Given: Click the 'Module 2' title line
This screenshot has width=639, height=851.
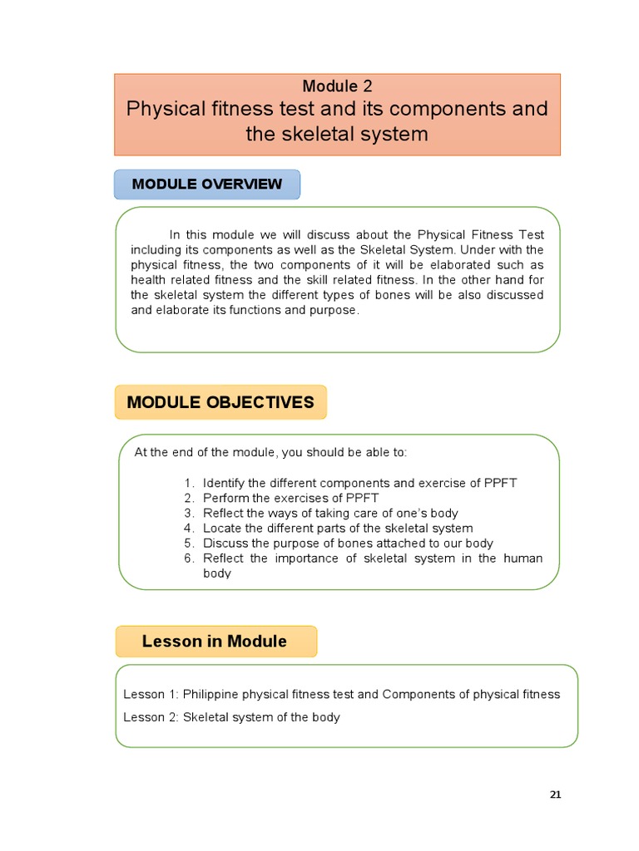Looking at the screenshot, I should (337, 86).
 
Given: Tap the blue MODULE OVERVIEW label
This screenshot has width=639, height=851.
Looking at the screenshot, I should (206, 184).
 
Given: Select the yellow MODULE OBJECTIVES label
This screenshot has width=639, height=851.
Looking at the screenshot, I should (220, 402).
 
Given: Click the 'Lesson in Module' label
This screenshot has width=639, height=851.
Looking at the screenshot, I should (215, 641).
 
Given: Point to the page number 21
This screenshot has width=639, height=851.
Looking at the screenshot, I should (556, 794).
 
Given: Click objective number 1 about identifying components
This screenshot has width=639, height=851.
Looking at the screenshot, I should (359, 483).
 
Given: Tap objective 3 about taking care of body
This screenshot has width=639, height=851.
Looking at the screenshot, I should (330, 513).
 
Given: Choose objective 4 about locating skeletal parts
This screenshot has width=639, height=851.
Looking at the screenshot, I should (338, 528).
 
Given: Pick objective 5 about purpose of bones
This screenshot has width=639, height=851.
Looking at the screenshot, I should (348, 544).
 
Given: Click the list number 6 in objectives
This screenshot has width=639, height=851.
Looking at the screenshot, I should (189, 558).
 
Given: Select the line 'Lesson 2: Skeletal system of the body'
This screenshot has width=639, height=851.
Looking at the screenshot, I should (231, 717).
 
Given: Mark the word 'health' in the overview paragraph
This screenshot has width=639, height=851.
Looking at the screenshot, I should (148, 279).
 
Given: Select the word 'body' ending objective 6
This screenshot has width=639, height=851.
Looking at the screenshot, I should (217, 573).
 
